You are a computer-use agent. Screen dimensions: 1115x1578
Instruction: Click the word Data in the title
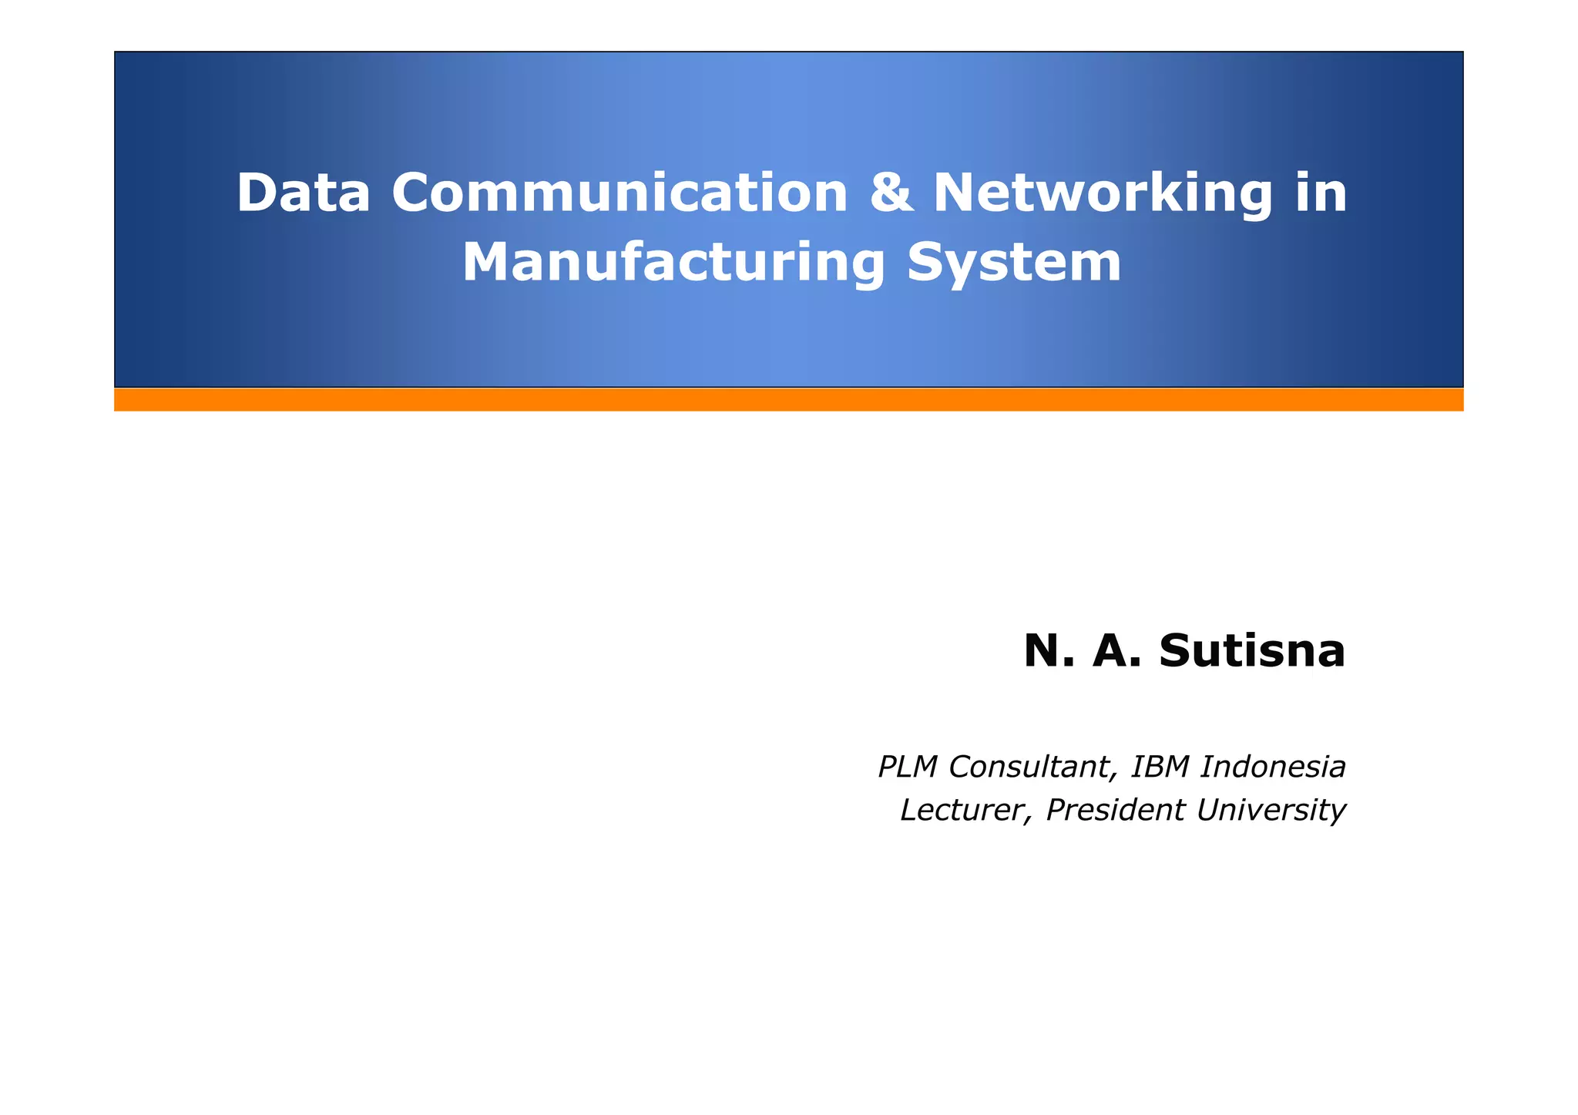303,193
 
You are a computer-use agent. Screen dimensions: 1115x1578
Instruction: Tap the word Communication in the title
619,193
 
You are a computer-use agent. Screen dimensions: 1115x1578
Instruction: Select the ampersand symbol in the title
891,193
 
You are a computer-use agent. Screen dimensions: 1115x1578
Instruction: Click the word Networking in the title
1103,194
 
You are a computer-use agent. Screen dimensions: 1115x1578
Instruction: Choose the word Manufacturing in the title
674,264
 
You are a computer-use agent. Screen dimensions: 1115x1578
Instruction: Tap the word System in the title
1014,264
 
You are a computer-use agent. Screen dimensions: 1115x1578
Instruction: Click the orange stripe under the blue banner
788,400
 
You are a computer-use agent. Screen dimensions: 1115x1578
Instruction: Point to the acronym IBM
1159,767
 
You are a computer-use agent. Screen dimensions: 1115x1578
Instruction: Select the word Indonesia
1273,767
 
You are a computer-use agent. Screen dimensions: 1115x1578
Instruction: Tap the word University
1271,810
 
